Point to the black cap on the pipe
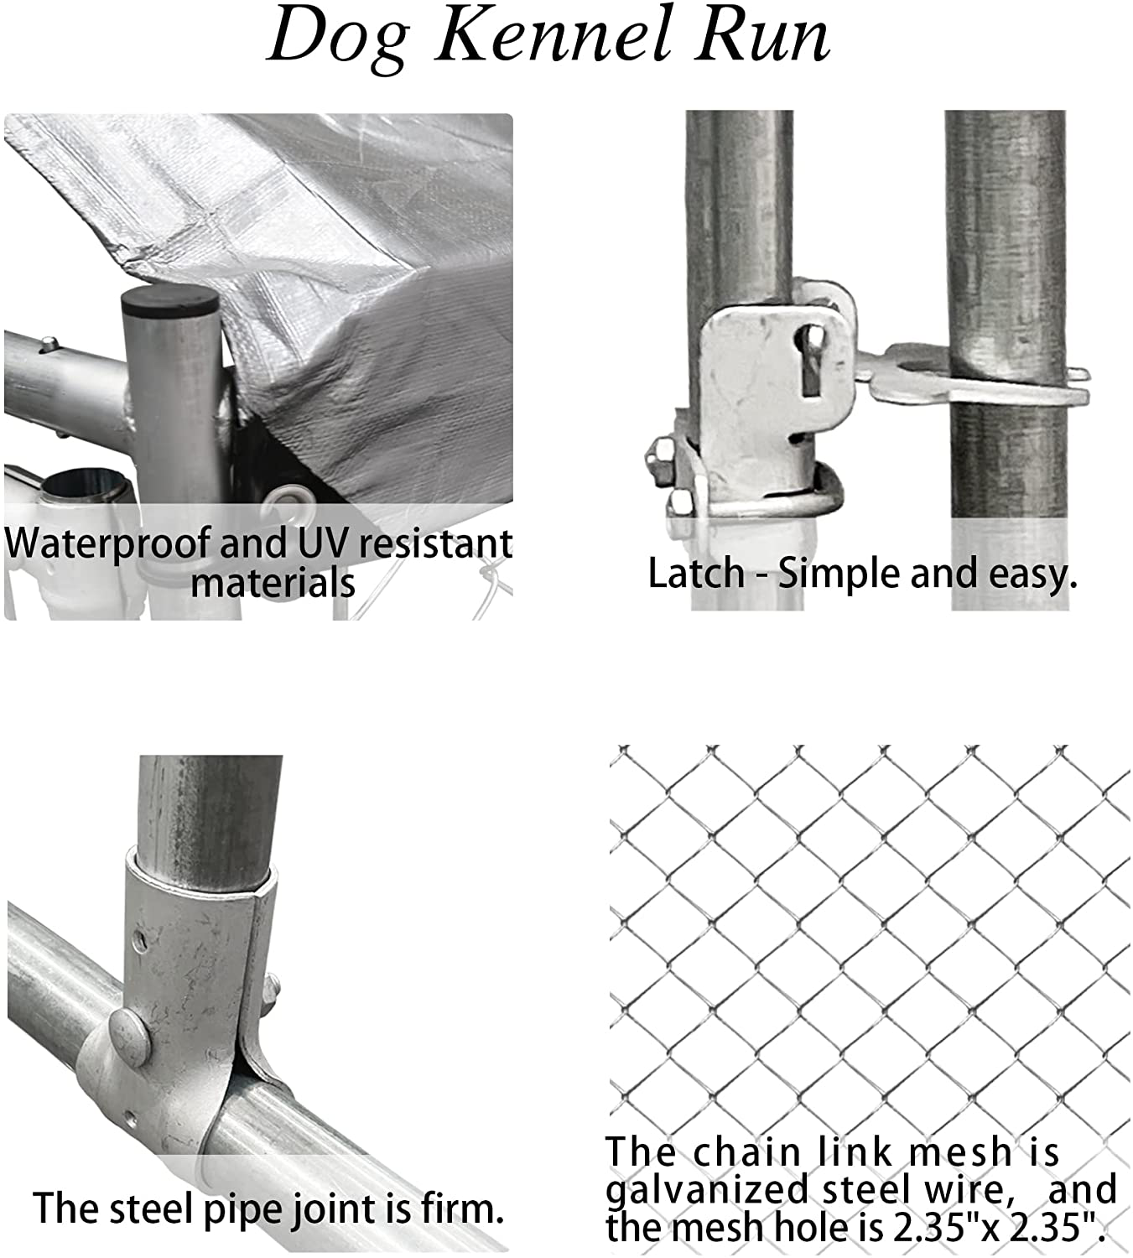pos(170,300)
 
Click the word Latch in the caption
pos(696,574)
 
